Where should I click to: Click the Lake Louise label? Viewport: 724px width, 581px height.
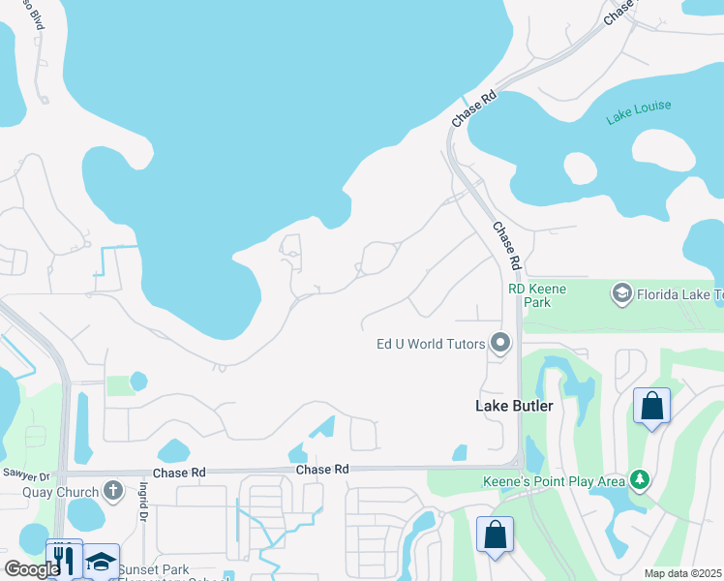pos(638,112)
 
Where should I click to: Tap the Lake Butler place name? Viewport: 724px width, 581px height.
pos(514,406)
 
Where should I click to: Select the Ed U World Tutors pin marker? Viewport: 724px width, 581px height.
pos(500,343)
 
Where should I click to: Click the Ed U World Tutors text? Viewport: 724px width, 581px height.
pos(431,343)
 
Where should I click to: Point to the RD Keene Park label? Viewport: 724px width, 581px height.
pos(537,295)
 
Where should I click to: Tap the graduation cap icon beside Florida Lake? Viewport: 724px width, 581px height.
pos(620,292)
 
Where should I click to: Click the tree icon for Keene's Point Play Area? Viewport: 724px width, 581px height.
pos(639,479)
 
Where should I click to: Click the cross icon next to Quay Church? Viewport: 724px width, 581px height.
pos(113,490)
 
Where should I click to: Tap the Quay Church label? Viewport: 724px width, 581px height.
pos(61,491)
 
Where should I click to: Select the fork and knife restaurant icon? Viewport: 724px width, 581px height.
pos(64,559)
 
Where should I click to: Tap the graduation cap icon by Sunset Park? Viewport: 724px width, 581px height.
pos(101,562)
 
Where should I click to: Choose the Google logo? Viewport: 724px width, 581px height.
pos(32,568)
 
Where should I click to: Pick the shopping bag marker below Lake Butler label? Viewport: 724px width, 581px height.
pos(495,535)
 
